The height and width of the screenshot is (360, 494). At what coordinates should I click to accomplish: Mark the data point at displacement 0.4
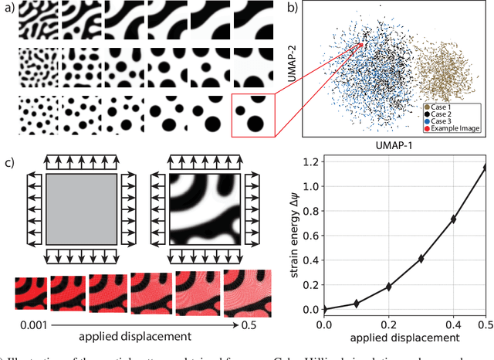[454, 219]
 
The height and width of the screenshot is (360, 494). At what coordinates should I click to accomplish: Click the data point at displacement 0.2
[389, 287]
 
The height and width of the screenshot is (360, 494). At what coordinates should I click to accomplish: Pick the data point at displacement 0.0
[324, 309]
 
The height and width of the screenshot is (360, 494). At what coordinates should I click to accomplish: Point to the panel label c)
[8, 164]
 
